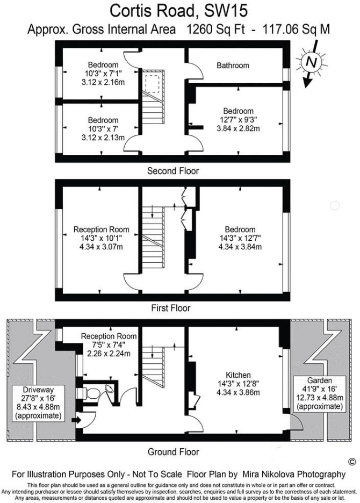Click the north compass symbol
pos(311,62)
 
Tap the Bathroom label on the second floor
pos(233,66)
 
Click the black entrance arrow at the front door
pos(76,420)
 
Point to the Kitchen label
pos(238,375)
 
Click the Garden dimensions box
pos(320,393)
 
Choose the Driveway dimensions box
pos(38,403)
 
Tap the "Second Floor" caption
pos(173,171)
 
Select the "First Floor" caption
pos(171,308)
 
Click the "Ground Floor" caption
pos(173,452)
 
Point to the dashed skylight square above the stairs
pos(152,83)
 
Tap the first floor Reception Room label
pos(102,229)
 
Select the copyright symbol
pos(352,462)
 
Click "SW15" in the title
pos(226,11)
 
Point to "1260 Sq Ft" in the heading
pos(215,30)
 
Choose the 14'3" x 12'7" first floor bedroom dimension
pos(240,239)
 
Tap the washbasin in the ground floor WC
pos(110,389)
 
